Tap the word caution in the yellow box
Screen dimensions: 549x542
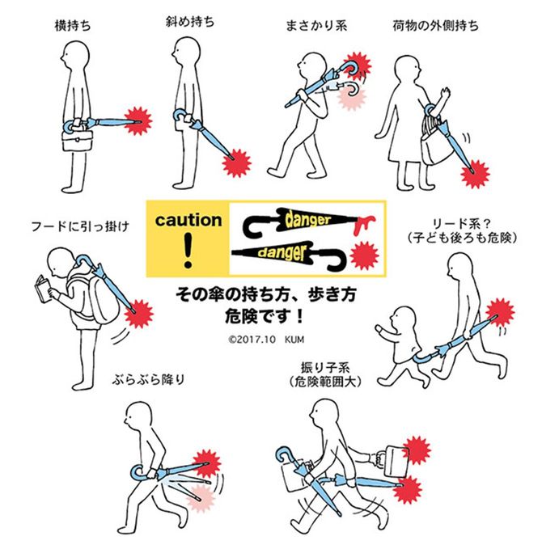coord(188,220)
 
